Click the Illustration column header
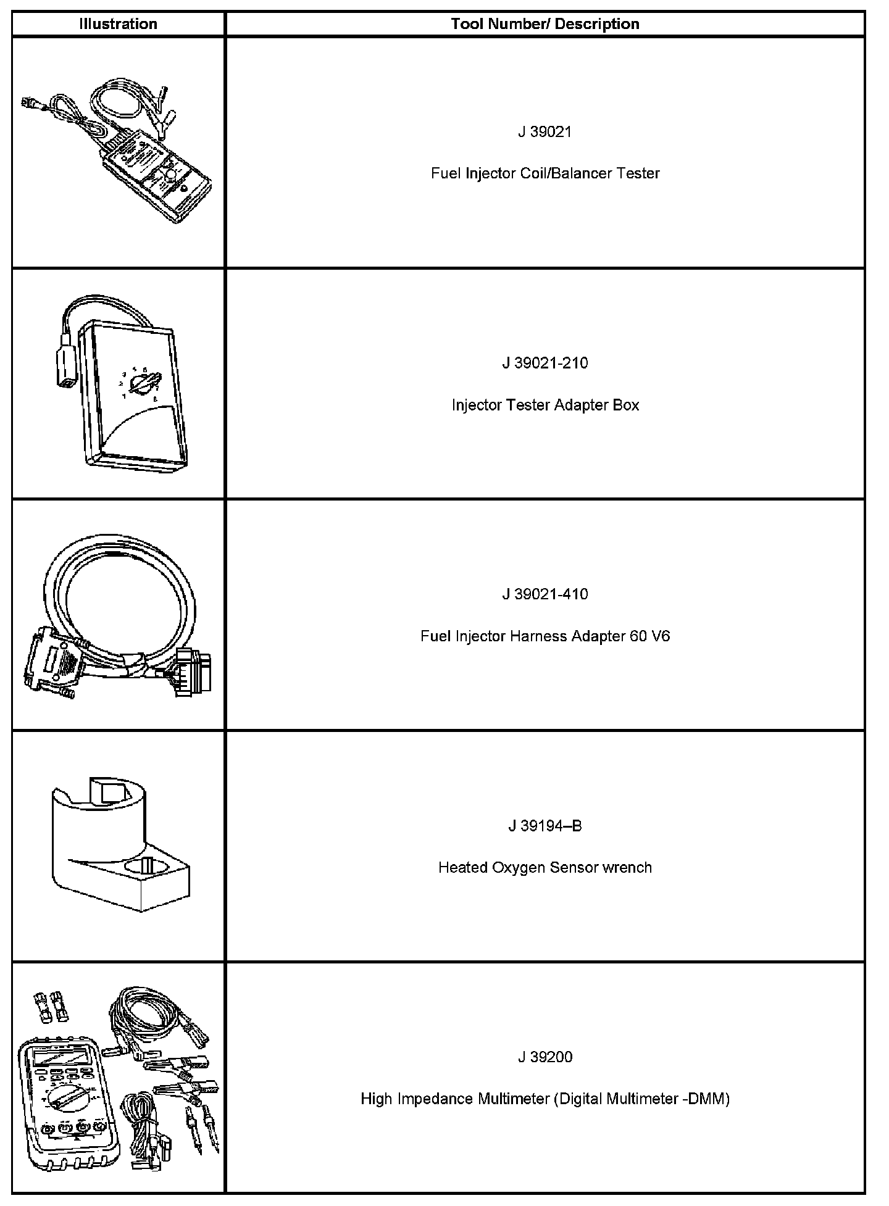(118, 24)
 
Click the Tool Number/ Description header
(545, 24)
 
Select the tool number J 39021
(545, 131)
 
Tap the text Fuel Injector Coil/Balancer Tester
(545, 173)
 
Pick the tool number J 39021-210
(545, 363)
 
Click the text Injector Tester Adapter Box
(545, 405)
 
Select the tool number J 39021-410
(545, 594)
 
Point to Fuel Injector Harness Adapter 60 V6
(545, 636)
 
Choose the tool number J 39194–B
(545, 826)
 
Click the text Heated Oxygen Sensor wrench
(545, 868)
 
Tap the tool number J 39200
(545, 1057)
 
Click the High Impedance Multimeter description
(545, 1099)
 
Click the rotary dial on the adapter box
(146, 384)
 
